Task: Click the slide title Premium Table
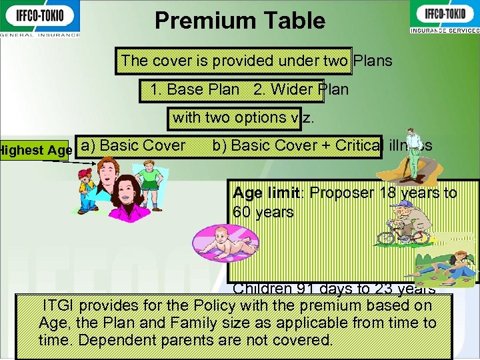pos(239,21)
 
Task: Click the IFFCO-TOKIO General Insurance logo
pos(40,18)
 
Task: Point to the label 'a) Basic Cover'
pos(133,145)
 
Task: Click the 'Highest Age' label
pos(36,151)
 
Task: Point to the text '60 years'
pos(263,213)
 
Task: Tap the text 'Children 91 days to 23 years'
pos(334,289)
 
